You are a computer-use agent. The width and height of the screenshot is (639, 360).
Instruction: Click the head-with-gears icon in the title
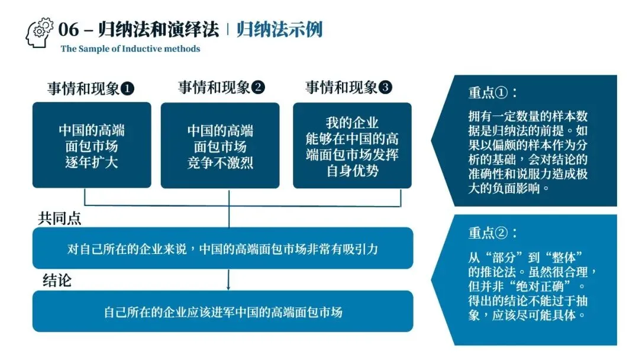point(40,33)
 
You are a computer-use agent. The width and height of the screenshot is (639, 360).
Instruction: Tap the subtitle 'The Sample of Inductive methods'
point(130,49)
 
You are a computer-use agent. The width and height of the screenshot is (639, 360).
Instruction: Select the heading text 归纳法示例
point(279,30)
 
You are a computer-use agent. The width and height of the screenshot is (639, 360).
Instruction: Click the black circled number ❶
point(127,89)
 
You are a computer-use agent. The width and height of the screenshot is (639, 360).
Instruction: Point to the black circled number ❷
point(258,88)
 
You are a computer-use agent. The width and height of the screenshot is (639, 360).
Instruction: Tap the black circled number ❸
point(385,88)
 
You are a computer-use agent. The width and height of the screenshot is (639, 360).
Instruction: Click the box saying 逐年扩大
point(92,146)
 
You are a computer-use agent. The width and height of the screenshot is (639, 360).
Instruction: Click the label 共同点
point(60,218)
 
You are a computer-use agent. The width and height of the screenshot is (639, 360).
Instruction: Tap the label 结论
point(57,280)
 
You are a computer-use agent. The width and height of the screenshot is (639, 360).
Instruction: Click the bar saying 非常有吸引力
point(222,248)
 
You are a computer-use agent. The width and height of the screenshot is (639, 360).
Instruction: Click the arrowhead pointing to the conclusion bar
point(228,287)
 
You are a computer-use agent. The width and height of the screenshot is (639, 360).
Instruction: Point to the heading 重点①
point(493,94)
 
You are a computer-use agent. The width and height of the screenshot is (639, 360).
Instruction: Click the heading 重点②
point(493,233)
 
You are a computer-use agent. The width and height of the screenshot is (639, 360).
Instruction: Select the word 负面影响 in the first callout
point(521,188)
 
